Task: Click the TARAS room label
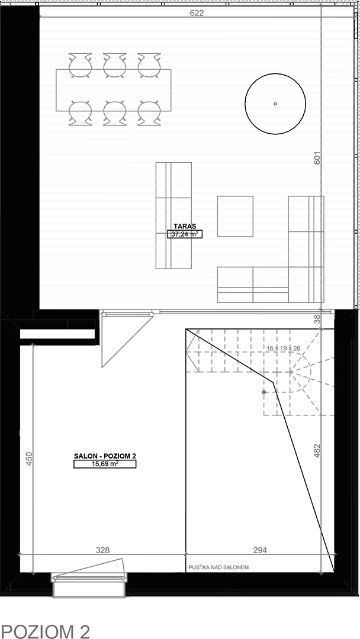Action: [x=185, y=226]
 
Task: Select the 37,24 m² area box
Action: [x=185, y=234]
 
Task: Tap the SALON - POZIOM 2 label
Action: [x=104, y=456]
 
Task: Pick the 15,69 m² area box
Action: [x=105, y=464]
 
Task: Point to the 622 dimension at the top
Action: [x=197, y=12]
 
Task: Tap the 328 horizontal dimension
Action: [x=103, y=550]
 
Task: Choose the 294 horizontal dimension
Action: [x=260, y=550]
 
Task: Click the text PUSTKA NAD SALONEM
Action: [x=218, y=567]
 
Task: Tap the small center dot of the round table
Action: [x=275, y=104]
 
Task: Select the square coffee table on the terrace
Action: [x=235, y=217]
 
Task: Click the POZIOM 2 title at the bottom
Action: [x=45, y=620]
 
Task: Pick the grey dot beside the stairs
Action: [x=263, y=392]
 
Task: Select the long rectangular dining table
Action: [x=113, y=90]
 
